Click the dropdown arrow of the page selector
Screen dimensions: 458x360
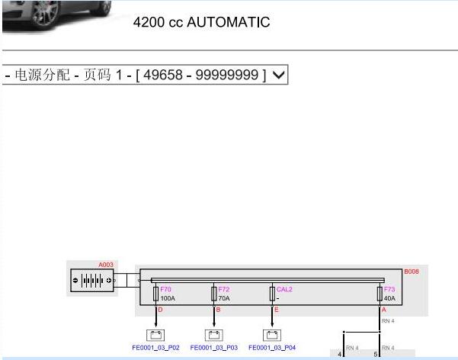point(278,75)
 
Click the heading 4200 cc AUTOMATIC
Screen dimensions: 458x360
point(201,22)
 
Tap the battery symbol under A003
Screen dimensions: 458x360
point(92,281)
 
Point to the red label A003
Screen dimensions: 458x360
point(106,265)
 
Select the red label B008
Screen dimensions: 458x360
point(412,272)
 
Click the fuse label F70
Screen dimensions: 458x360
point(165,290)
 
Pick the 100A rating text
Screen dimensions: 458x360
point(168,298)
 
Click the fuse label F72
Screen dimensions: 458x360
point(224,290)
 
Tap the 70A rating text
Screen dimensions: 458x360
point(224,298)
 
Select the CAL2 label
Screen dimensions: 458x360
point(284,290)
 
